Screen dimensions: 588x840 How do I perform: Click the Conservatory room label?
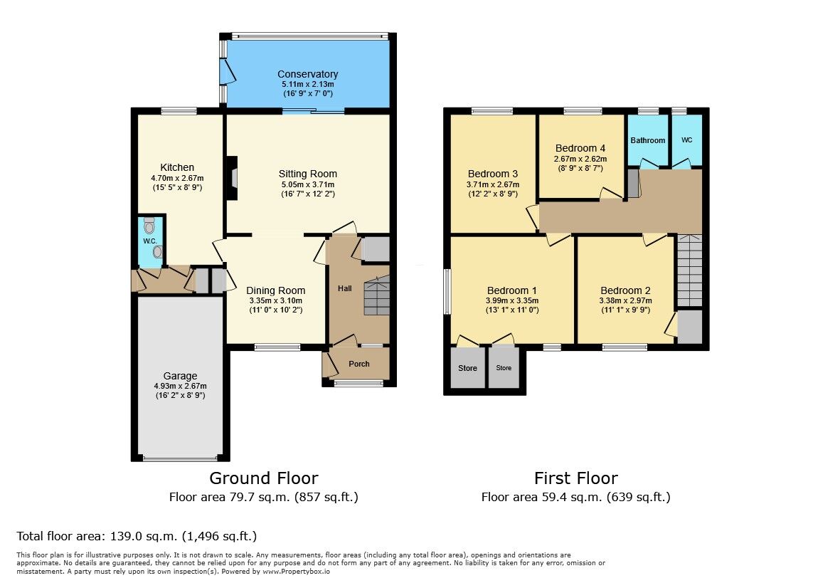tap(307, 74)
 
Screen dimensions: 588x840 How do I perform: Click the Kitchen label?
tap(177, 167)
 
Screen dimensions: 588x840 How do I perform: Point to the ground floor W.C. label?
tap(149, 241)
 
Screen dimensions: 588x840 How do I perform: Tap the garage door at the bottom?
tap(180, 458)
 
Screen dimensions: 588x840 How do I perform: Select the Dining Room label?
tap(275, 290)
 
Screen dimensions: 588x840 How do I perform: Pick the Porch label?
tap(359, 364)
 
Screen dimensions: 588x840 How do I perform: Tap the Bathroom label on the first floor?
tap(647, 140)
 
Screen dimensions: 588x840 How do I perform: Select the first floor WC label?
tap(686, 140)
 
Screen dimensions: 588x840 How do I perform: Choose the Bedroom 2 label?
tap(625, 290)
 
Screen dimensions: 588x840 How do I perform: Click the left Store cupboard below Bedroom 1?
tap(467, 368)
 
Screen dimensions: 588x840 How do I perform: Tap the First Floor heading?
tap(575, 478)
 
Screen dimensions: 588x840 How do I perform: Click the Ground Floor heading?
tap(263, 478)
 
